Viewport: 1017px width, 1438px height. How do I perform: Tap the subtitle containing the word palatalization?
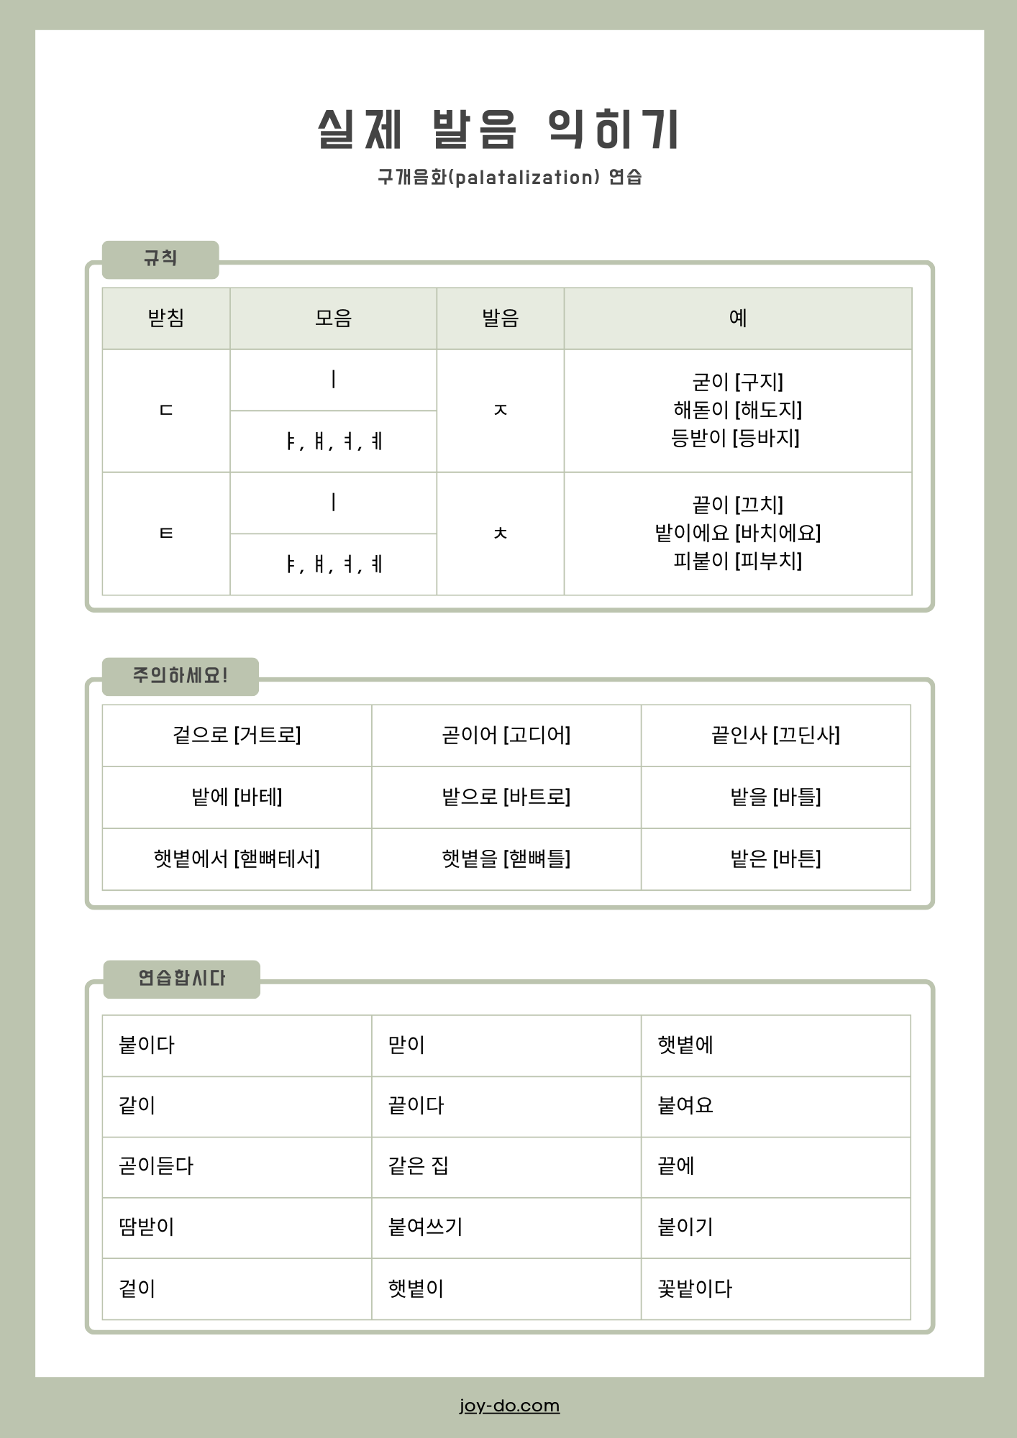point(509,177)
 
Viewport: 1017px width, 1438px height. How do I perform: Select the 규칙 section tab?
point(160,259)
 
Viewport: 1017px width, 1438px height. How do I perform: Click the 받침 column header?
point(166,318)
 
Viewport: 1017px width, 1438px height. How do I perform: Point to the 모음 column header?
point(333,318)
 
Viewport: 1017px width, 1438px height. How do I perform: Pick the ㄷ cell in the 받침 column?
point(166,411)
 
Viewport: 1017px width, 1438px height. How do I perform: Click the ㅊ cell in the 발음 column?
point(500,533)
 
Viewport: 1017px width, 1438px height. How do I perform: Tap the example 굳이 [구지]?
point(737,382)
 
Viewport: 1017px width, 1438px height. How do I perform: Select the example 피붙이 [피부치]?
point(737,561)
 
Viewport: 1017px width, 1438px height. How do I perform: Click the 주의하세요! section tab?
point(180,676)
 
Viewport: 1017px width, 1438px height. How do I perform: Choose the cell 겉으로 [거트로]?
point(237,735)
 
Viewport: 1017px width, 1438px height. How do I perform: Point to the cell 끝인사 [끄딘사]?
point(775,735)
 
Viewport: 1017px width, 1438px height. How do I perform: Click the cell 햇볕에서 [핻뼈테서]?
point(237,858)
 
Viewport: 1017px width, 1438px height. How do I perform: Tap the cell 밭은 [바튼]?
point(775,858)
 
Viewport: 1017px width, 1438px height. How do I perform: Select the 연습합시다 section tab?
point(181,979)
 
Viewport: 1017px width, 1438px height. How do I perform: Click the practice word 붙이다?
point(147,1045)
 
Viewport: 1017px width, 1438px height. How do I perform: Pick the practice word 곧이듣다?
point(156,1166)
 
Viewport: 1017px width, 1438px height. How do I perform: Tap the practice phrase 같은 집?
point(419,1166)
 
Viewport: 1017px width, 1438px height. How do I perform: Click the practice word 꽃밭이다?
point(695,1288)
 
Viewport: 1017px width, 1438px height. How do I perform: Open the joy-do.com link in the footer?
point(509,1406)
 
